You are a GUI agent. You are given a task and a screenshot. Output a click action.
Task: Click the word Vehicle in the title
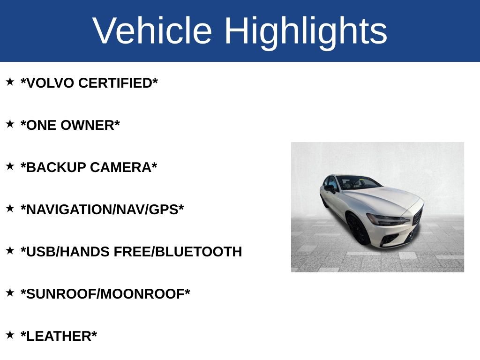coord(152,31)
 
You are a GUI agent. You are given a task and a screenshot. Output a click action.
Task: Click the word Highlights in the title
coord(306,31)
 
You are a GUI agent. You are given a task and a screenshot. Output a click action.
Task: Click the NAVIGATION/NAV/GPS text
coord(102,210)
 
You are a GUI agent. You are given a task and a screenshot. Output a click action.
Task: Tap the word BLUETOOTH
coord(198,252)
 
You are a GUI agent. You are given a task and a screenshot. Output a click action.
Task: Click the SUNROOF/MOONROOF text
coord(105,294)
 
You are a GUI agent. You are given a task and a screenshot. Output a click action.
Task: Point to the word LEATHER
coord(59,336)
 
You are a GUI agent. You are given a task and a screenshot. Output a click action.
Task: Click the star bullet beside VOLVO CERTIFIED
coord(10,82)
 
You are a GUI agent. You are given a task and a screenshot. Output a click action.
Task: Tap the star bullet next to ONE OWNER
coord(10,124)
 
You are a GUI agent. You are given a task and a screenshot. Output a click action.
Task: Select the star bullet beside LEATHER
coord(10,335)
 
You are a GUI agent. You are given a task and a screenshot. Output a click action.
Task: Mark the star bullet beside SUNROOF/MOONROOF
coord(10,293)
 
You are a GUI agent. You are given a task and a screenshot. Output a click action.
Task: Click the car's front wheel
coord(358,230)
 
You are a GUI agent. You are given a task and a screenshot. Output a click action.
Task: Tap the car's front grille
coord(417,217)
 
